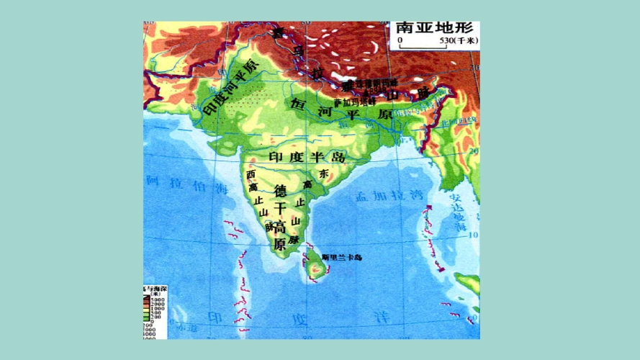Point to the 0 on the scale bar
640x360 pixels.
tap(400, 42)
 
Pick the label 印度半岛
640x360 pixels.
tap(306, 157)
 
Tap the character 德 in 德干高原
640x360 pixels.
tap(281, 189)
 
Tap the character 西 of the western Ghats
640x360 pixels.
tap(251, 174)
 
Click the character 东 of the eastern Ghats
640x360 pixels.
tap(323, 174)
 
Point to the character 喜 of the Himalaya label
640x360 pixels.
tap(276, 32)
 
